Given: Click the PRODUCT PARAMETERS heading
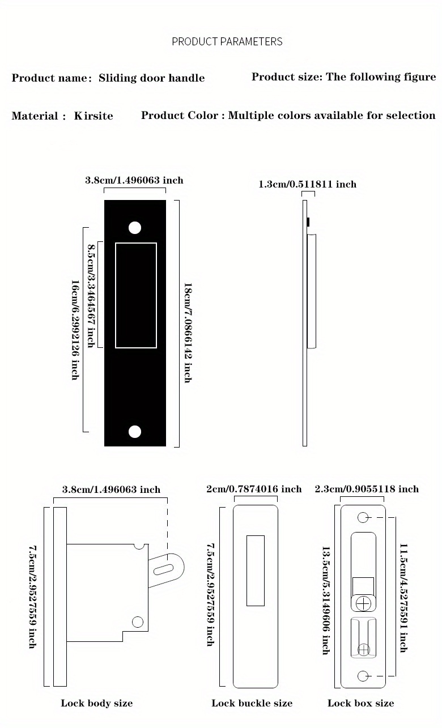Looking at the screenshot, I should pos(227,41).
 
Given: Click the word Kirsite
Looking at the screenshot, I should pos(93,116).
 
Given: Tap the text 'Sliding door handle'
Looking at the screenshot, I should pos(151,78).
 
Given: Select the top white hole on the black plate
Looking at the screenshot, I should pos(135,228).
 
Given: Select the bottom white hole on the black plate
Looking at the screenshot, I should pos(135,432).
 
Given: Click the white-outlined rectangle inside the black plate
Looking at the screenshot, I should pos(136,295).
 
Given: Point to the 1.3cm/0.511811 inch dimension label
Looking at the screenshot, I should pos(308,184).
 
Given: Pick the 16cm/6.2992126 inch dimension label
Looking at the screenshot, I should pos(75,330).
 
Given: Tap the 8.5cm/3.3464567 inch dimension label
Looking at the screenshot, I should pos(91,296).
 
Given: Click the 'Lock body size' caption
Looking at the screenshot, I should pos(97,703).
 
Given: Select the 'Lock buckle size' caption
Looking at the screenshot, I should pos(252,703).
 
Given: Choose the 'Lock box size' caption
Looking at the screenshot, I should pos(360,703).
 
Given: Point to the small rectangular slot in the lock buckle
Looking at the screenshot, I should pos(256,571).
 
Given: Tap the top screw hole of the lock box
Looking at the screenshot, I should pos(364,517).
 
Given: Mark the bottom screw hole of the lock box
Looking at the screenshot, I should pos(364,676).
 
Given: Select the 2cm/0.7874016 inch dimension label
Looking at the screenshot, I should pos(254,489).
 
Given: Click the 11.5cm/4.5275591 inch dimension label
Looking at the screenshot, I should pos(403,598).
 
